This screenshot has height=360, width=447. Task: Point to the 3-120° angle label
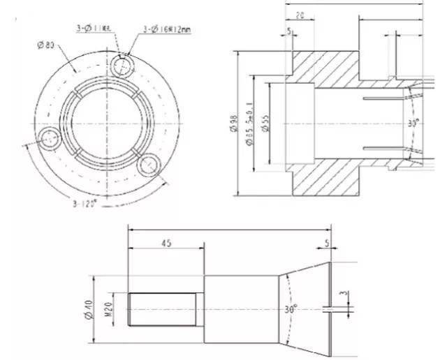85,205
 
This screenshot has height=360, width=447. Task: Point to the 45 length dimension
166,243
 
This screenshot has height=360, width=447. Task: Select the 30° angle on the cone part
290,308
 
